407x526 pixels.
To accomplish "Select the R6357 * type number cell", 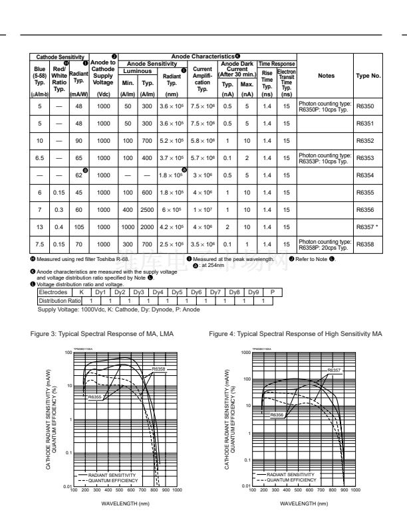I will (368, 226).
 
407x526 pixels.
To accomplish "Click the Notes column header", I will (326, 76).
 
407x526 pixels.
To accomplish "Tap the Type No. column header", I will (368, 76).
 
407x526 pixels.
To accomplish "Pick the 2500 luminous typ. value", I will (148, 209).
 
